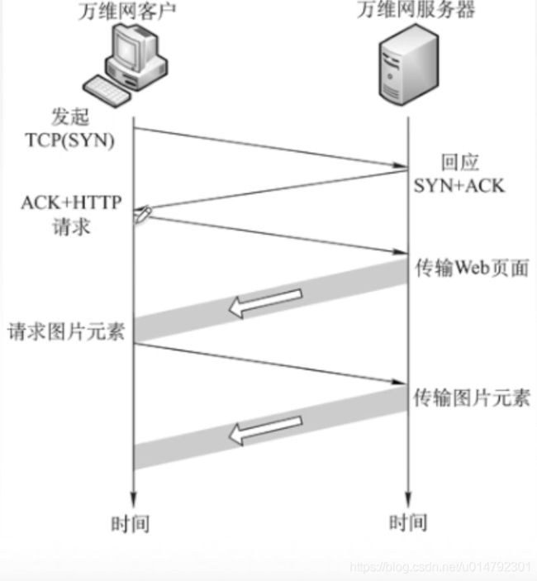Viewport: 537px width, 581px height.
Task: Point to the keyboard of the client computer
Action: (109, 87)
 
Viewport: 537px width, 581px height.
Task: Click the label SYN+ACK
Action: (459, 185)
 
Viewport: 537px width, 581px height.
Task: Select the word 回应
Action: (459, 162)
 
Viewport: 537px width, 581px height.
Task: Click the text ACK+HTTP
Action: (69, 204)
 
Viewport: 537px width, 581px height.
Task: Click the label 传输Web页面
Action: (471, 269)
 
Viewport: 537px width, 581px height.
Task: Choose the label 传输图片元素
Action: (471, 398)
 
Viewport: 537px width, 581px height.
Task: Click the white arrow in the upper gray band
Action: (265, 302)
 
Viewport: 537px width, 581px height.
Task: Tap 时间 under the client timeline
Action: (131, 522)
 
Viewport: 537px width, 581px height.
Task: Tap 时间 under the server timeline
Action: (407, 522)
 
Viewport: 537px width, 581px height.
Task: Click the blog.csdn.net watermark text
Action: (440, 567)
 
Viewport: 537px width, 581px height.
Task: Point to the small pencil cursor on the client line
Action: (140, 214)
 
